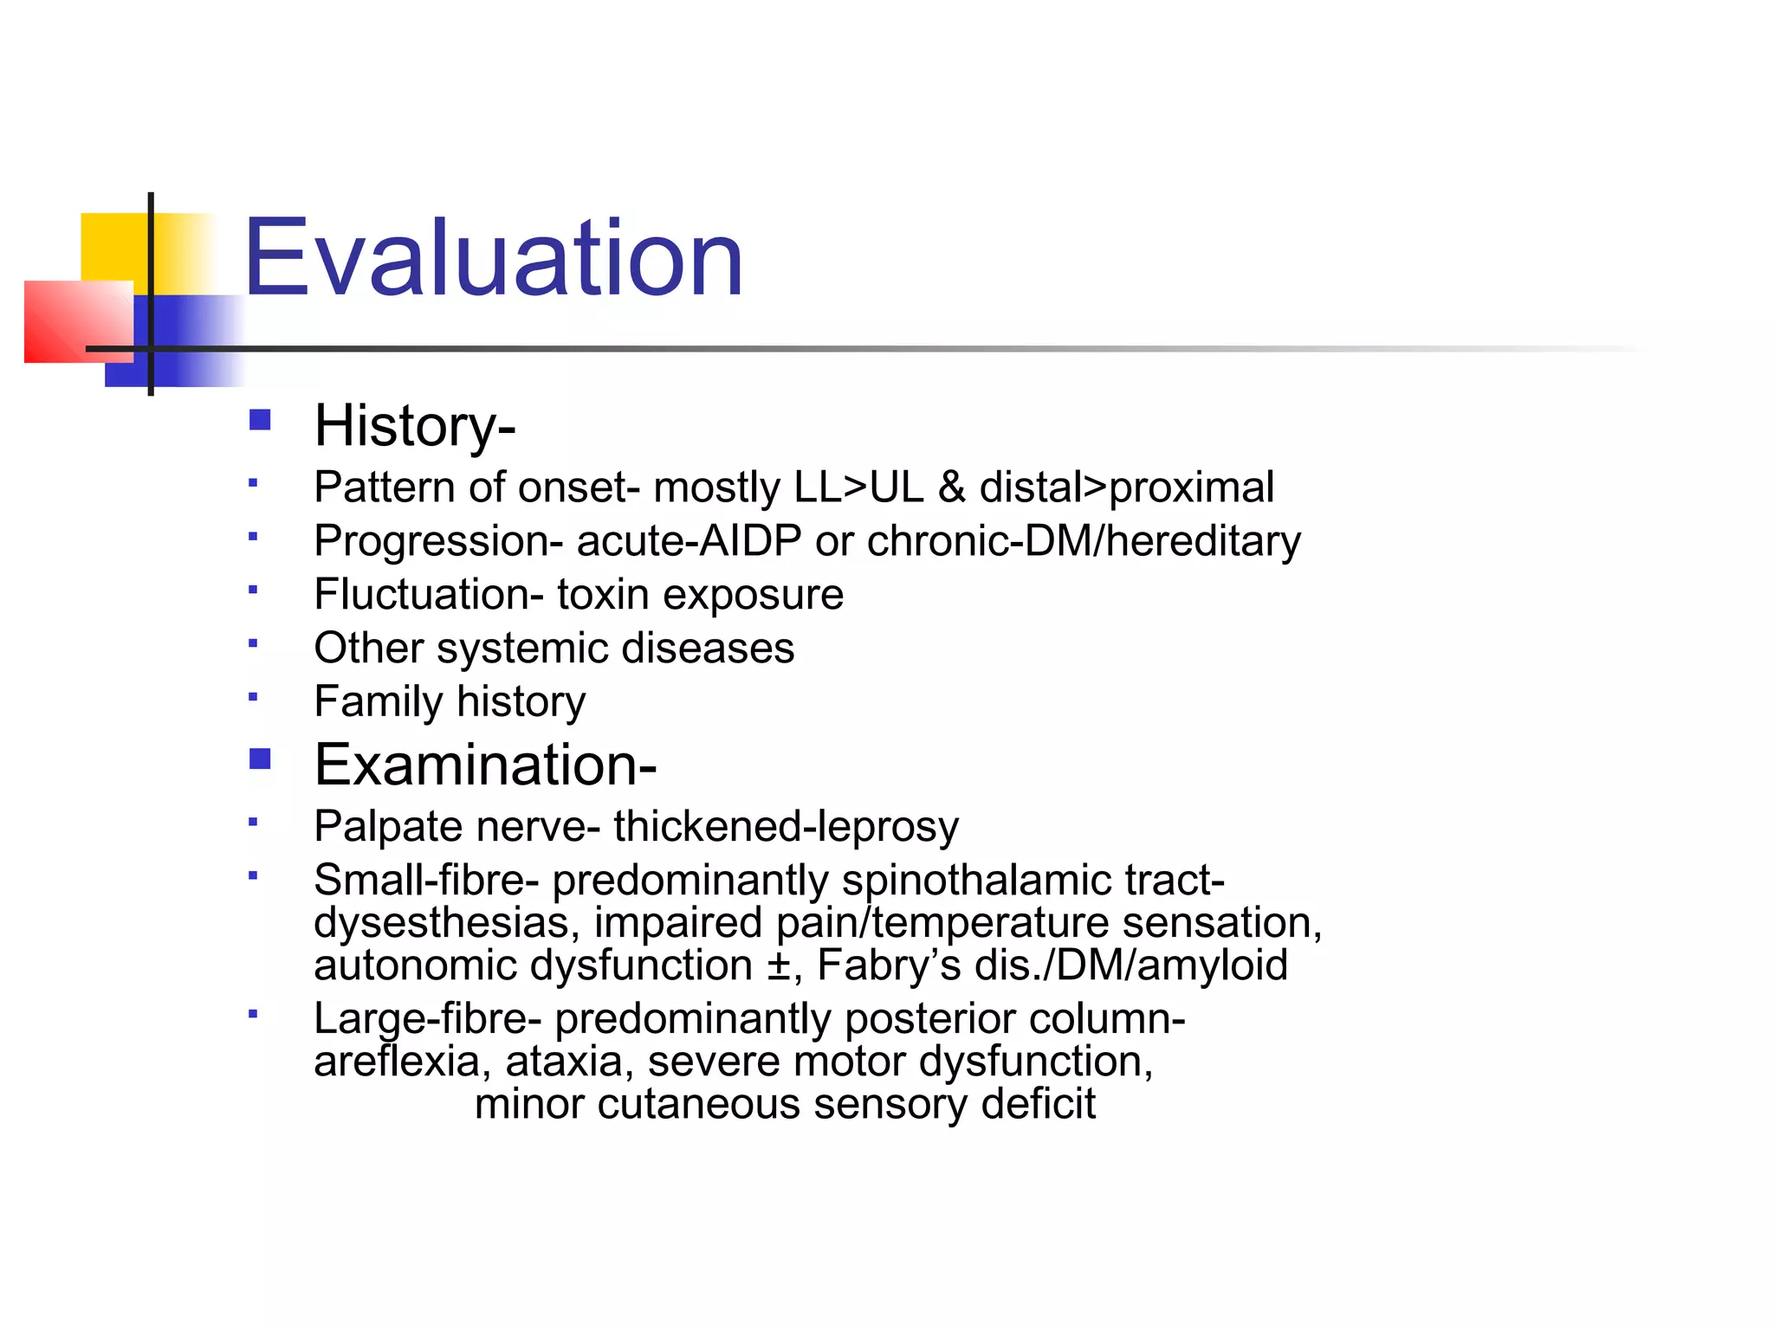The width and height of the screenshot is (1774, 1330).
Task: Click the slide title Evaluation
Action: coord(493,258)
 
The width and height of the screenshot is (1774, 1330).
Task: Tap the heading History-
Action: coord(414,426)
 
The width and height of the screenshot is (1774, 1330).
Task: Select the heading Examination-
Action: coord(485,765)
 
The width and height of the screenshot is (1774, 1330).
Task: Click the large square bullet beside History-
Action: coord(260,421)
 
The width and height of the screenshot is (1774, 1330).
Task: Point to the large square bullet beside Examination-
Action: coord(260,759)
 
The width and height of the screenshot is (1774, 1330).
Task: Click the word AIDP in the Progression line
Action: coord(750,541)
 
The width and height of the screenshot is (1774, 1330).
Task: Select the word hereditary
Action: coord(1202,541)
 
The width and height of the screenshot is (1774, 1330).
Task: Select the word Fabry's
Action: coord(888,965)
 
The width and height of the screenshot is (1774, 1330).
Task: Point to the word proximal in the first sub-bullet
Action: coord(1191,487)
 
